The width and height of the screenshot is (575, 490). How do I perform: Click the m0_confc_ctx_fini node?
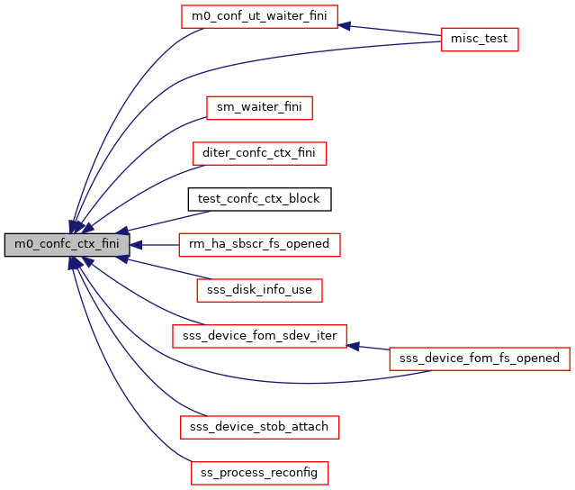67,244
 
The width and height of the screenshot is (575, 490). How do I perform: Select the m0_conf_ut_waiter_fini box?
259,17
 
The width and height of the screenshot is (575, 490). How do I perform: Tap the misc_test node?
480,40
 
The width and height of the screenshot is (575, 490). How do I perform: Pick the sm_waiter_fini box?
259,108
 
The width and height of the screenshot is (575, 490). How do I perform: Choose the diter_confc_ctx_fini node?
259,153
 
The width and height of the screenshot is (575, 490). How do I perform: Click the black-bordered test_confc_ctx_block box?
259,198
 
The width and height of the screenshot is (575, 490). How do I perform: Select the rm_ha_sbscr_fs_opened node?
259,244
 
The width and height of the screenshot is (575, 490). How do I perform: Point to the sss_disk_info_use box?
259,289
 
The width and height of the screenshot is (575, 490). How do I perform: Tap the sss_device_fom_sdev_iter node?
259,335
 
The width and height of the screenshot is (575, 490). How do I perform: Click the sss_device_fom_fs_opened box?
480,358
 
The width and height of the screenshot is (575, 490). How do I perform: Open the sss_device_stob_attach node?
259,425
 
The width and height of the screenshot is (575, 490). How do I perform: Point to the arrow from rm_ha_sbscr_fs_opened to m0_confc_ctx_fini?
157,244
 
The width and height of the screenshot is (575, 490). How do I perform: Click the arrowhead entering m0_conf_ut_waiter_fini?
344,25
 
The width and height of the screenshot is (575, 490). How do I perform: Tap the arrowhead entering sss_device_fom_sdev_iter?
353,345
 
